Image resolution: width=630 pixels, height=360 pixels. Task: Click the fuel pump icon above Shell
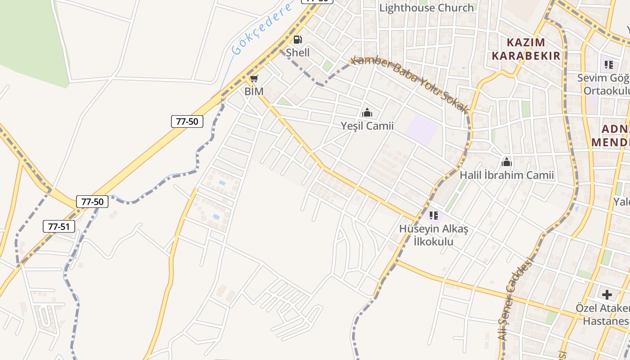coord(297,40)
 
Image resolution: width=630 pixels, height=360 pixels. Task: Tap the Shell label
coord(298,52)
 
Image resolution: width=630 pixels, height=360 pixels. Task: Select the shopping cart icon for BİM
coord(254,79)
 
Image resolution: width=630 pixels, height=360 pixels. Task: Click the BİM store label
coord(254,91)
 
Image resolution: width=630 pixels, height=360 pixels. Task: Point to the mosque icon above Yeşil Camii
coord(367,112)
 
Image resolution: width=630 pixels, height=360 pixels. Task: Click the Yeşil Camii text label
coord(367,126)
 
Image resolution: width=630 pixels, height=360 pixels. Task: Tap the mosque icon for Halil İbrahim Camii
coord(507,162)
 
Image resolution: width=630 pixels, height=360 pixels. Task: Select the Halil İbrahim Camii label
coord(507,175)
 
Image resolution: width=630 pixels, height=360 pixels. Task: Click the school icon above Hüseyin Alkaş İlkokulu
coord(433,216)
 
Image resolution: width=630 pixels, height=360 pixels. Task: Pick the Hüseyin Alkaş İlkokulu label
coord(433,235)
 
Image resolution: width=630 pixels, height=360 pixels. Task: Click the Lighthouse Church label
coord(426,8)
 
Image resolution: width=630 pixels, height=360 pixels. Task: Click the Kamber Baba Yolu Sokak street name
coord(410,84)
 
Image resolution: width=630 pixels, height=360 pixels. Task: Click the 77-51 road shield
coord(59,226)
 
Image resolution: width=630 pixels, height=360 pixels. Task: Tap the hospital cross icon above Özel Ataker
coord(607,295)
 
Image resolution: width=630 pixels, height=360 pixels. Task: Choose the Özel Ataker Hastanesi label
coord(603,315)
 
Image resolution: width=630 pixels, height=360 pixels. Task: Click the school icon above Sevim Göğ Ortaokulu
coord(609,65)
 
